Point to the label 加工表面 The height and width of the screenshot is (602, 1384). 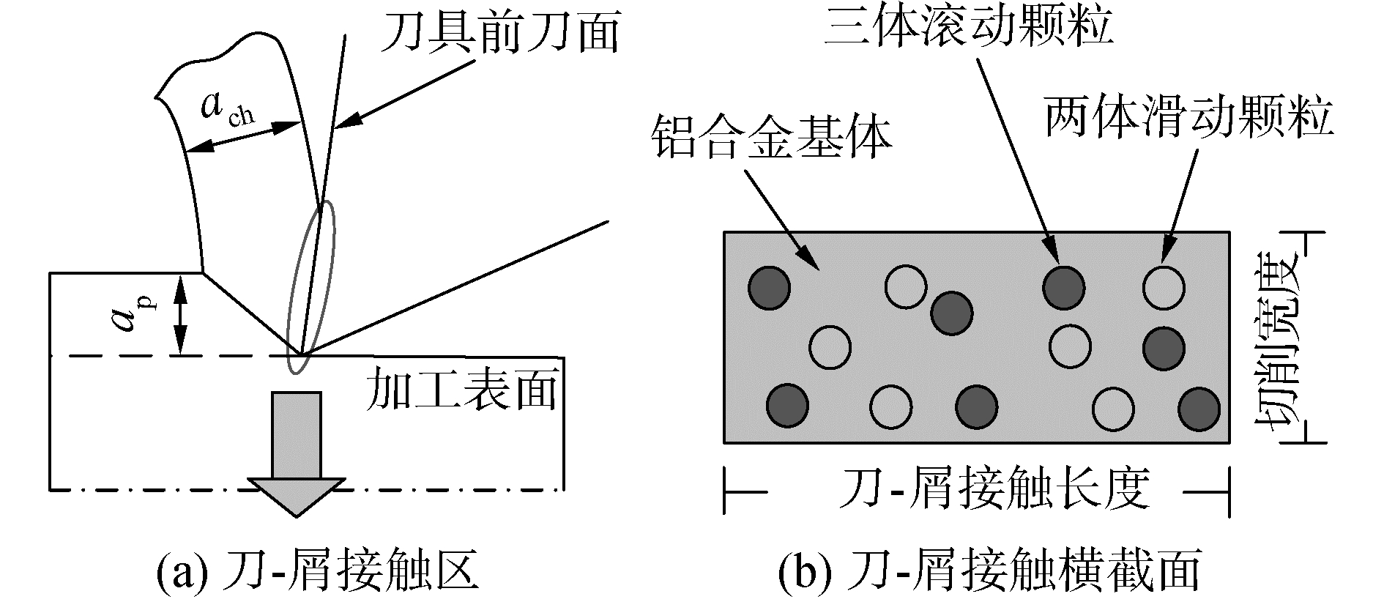(461, 389)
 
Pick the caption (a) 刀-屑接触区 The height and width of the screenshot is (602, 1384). (318, 572)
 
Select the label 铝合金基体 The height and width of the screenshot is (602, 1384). (773, 140)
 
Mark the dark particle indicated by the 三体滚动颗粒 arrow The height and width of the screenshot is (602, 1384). (1063, 286)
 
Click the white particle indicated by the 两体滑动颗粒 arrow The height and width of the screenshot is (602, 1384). (1164, 287)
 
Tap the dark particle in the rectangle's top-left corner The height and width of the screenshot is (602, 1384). (769, 286)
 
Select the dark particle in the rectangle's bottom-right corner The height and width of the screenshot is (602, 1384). (1199, 409)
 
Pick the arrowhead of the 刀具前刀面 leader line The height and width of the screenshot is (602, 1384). (341, 123)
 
